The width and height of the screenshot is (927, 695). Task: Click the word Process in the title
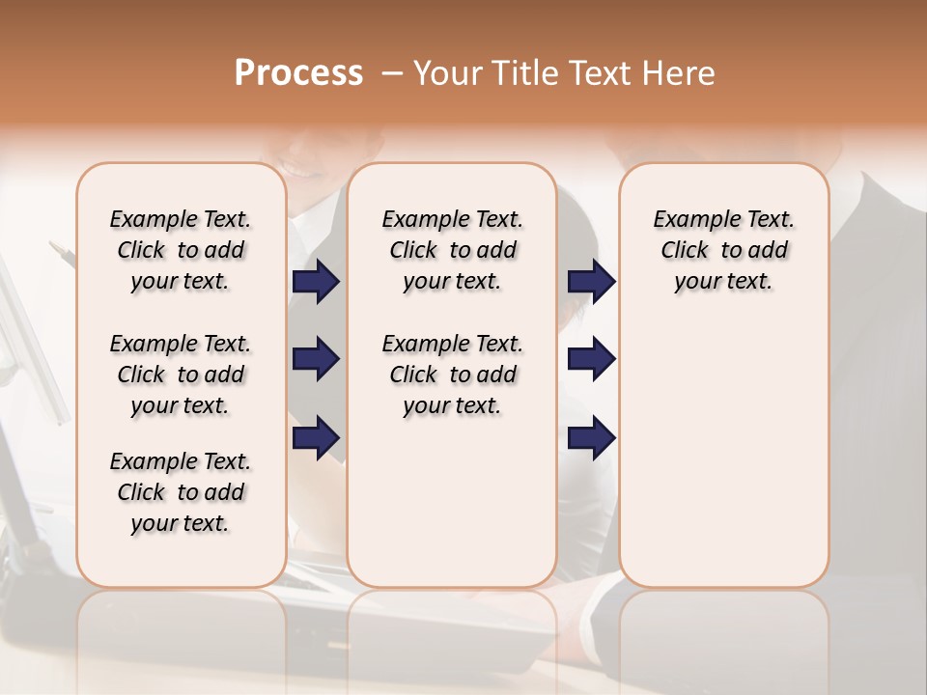(298, 73)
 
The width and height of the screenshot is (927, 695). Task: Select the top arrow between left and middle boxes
(316, 282)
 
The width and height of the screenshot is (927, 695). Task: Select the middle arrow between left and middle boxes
(316, 359)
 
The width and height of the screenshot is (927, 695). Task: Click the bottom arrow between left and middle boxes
(316, 437)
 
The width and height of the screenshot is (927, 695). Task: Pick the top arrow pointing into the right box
(591, 282)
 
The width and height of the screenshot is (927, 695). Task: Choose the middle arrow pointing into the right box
(591, 359)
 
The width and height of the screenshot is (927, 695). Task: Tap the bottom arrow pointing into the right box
(591, 437)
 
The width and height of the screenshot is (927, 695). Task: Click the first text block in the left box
(181, 250)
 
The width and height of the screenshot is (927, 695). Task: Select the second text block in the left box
(181, 375)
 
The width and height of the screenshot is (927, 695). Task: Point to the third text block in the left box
(181, 492)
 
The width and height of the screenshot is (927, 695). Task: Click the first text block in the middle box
(452, 250)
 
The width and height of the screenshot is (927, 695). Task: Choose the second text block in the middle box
(452, 375)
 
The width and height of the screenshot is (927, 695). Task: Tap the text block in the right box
(723, 250)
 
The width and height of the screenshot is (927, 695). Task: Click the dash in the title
(392, 74)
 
